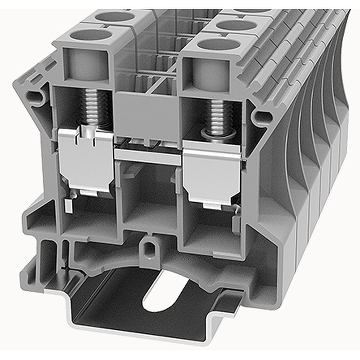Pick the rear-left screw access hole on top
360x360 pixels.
[115, 16]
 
